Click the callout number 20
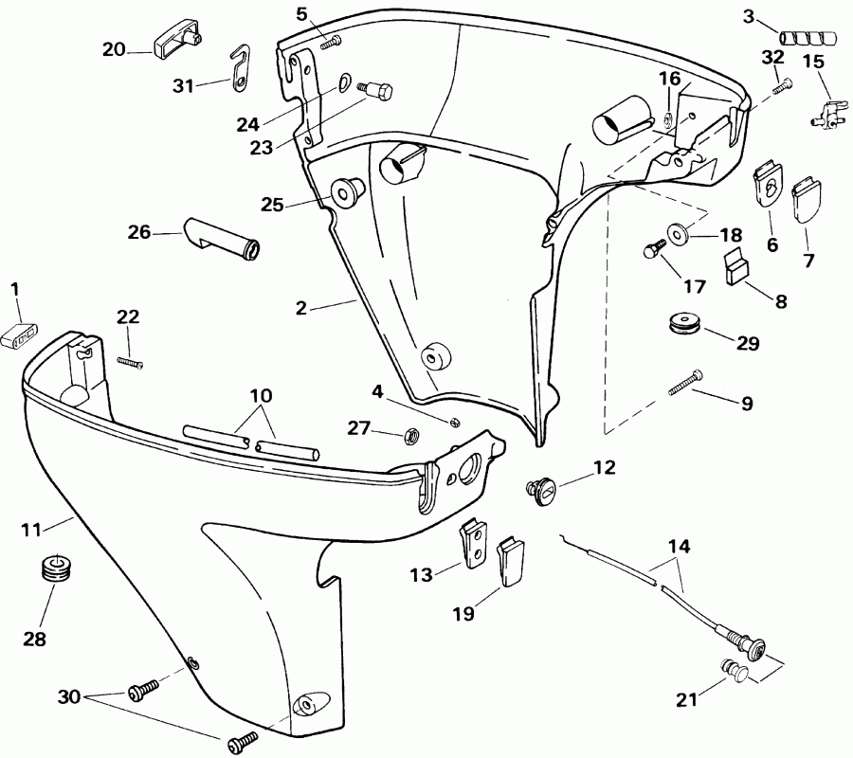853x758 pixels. pyautogui.click(x=114, y=50)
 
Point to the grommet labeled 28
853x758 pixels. pyautogui.click(x=59, y=569)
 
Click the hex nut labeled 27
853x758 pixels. pyautogui.click(x=412, y=436)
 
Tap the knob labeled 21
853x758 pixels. pyautogui.click(x=736, y=674)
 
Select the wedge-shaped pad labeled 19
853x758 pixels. pyautogui.click(x=510, y=558)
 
